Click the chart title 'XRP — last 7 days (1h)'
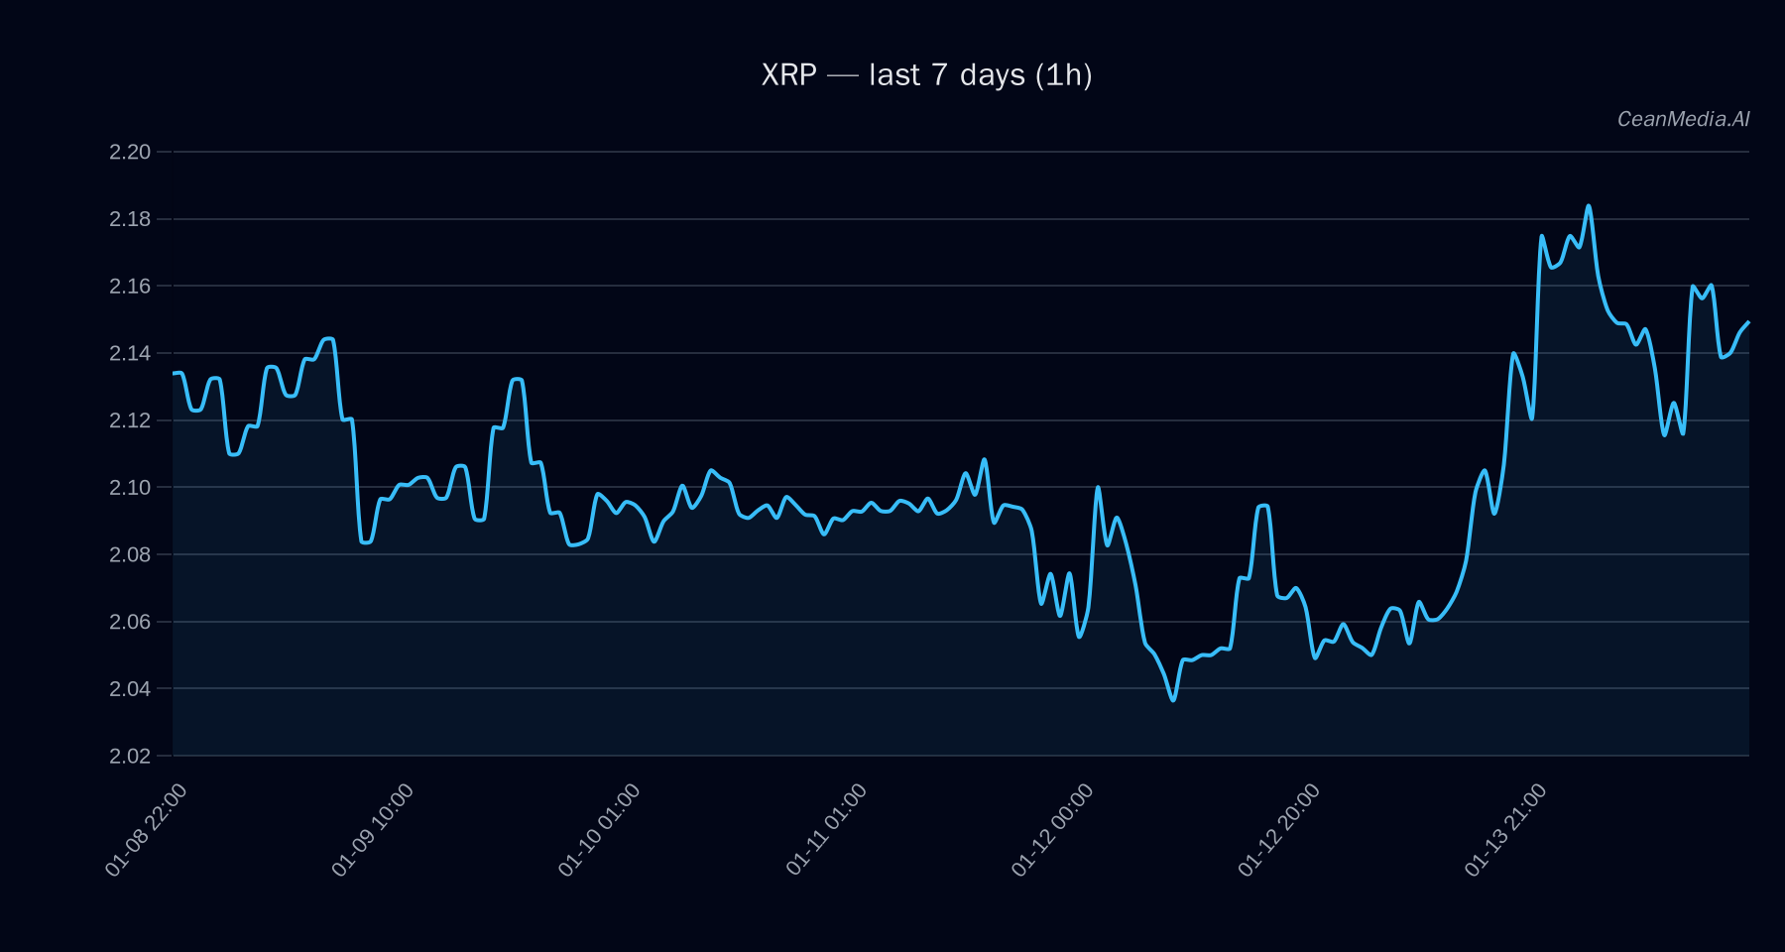[x=926, y=75]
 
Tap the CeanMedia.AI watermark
[x=1683, y=119]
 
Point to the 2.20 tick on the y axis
[x=130, y=152]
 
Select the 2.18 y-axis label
[x=130, y=219]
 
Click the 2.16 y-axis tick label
[x=130, y=287]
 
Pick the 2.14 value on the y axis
[x=130, y=353]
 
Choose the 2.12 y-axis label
[x=130, y=420]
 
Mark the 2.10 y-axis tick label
[x=130, y=488]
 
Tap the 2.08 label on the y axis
[x=130, y=554]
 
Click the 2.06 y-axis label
[x=130, y=622]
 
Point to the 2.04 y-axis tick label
[x=130, y=688]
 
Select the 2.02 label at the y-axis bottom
[x=130, y=756]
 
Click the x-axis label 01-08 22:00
[x=147, y=829]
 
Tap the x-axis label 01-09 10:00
[x=374, y=829]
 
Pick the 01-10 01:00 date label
[x=600, y=829]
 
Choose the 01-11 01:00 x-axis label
[x=827, y=829]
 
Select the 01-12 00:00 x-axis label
[x=1053, y=829]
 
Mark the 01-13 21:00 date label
[x=1506, y=829]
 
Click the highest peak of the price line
[x=1589, y=206]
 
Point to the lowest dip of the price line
[x=1173, y=700]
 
